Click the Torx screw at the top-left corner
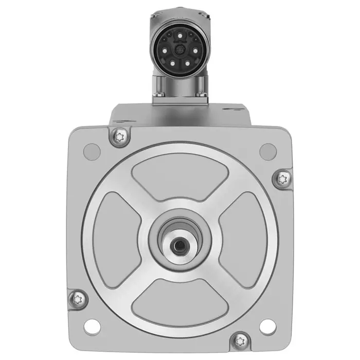click(x=120, y=136)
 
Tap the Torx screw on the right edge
click(x=282, y=179)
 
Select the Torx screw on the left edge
click(x=78, y=297)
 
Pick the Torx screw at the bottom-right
click(x=240, y=340)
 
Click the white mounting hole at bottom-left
click(x=92, y=325)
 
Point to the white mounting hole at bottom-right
click(x=267, y=325)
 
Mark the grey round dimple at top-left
click(x=92, y=151)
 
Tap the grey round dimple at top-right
click(x=268, y=151)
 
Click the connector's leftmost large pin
click(x=165, y=50)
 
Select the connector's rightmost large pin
click(x=195, y=50)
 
